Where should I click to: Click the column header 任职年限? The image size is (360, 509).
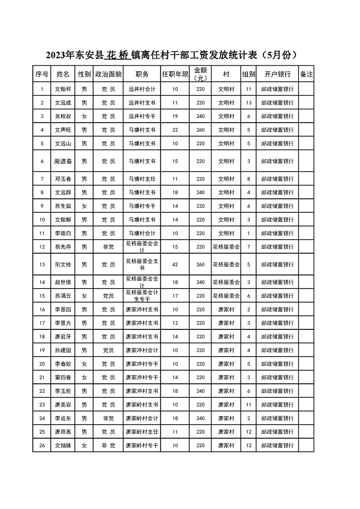[175, 74]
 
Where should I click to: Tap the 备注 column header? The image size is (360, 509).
[306, 74]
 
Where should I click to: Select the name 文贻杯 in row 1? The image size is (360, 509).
[63, 89]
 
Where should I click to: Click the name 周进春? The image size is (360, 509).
[63, 161]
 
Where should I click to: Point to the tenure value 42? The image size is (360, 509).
[175, 264]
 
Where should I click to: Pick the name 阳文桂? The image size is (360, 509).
[63, 264]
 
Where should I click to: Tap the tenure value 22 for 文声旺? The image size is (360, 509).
[175, 130]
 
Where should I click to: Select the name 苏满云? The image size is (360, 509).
[63, 296]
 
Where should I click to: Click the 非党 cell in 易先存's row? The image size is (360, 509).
[108, 247]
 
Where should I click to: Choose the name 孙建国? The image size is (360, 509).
[63, 350]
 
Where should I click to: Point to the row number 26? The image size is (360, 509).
[42, 445]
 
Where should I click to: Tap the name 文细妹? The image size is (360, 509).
[63, 445]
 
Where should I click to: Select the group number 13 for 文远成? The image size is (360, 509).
[248, 103]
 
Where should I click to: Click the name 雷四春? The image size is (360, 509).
[63, 377]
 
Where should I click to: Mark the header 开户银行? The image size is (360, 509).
[277, 74]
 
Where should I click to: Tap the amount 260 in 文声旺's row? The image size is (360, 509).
[201, 130]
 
